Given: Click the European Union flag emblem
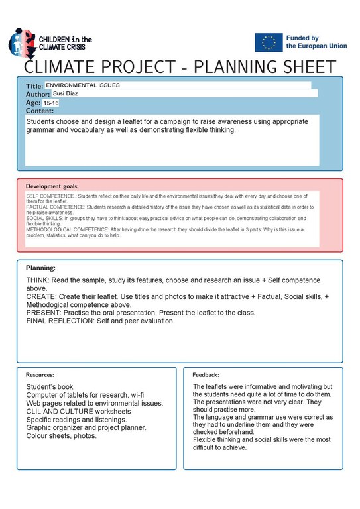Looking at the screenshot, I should coord(269,42).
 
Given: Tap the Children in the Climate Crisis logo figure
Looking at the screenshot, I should coord(22,43).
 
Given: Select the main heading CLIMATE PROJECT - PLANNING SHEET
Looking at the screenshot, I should coord(180,68).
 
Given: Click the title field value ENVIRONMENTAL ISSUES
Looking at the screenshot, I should coord(83,85).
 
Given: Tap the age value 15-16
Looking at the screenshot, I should coord(51,103).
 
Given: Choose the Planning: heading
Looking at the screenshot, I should coord(40,268).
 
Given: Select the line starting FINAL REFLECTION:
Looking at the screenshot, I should coord(100,321).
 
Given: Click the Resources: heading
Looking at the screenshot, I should coord(40,374).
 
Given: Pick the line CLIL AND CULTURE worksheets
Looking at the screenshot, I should coord(78,411).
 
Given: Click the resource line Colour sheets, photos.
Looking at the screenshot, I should coord(61,436).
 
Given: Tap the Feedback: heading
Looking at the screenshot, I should coord(206,374).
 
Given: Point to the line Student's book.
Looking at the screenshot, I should coord(50,386).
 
